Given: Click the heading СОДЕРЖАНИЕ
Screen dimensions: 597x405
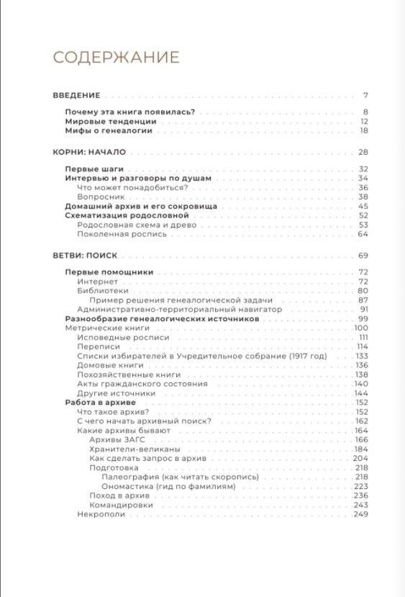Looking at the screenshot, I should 117,57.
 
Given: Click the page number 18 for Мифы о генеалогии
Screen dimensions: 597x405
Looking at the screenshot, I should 364,130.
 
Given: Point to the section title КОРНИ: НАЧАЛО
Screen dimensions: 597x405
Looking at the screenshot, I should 90,152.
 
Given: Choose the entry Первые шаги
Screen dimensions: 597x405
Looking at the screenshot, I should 89,169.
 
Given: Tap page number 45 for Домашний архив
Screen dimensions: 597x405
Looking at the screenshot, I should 363,206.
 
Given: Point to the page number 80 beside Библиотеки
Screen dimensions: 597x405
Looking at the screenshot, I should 363,290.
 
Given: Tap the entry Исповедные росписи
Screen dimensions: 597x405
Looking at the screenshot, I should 113,337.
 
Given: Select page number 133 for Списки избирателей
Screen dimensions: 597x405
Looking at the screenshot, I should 362,356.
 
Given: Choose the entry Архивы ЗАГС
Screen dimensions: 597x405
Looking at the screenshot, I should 114,439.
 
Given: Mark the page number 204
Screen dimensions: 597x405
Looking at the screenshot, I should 361,458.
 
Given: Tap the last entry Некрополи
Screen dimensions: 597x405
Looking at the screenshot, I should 101,514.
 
